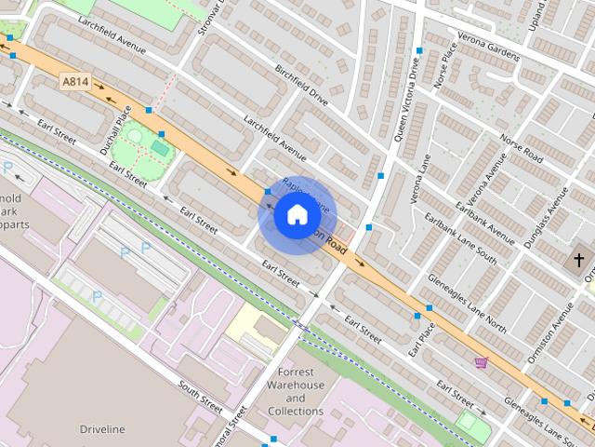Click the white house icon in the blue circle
click(x=297, y=215)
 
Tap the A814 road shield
click(x=75, y=82)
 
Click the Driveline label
click(x=102, y=429)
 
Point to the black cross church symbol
click(x=578, y=259)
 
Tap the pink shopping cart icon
click(x=481, y=362)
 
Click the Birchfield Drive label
click(x=302, y=85)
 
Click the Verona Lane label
click(x=418, y=180)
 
